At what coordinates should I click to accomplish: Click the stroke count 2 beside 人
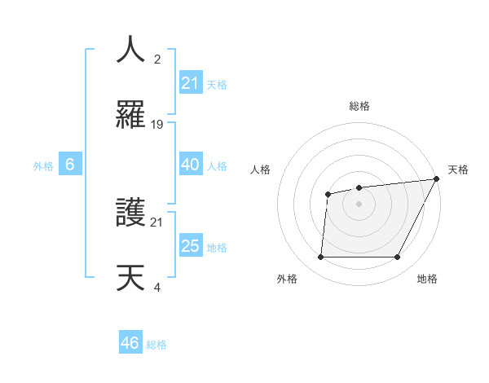click(157, 59)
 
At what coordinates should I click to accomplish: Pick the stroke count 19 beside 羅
click(157, 124)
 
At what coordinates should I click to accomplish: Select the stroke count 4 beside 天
click(157, 287)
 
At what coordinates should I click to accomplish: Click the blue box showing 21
click(190, 82)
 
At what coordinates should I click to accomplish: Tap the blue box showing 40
click(190, 165)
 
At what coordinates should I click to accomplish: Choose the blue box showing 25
click(190, 246)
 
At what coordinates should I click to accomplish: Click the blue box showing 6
click(70, 165)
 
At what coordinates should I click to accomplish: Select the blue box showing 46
click(130, 343)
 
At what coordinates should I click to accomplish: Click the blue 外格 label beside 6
click(43, 165)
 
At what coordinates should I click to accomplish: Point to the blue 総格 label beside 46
click(156, 345)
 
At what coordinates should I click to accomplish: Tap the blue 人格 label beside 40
click(217, 165)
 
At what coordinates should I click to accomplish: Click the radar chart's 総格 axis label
click(359, 106)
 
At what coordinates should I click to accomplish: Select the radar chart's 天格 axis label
click(458, 169)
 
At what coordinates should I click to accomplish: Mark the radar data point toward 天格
click(437, 179)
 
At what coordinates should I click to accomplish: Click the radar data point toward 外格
click(320, 258)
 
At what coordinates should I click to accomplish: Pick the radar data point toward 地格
click(398, 258)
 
